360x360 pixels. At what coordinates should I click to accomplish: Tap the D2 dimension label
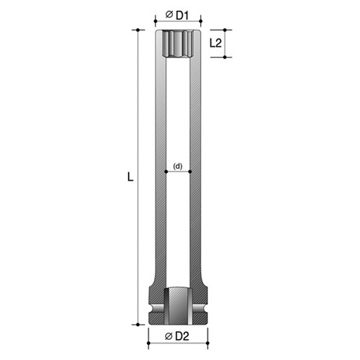[183, 337]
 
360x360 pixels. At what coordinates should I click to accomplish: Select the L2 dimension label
[215, 43]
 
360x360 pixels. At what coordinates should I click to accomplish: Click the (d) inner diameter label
[179, 166]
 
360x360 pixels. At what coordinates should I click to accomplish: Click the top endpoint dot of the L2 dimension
[225, 30]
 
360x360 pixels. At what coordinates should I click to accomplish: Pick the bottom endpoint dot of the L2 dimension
[225, 57]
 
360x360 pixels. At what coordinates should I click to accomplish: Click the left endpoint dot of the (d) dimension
[166, 172]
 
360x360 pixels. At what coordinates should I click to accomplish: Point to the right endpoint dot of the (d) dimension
[191, 172]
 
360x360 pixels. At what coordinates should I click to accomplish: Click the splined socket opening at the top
[179, 45]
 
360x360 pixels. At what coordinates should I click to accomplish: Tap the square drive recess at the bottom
[179, 306]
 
